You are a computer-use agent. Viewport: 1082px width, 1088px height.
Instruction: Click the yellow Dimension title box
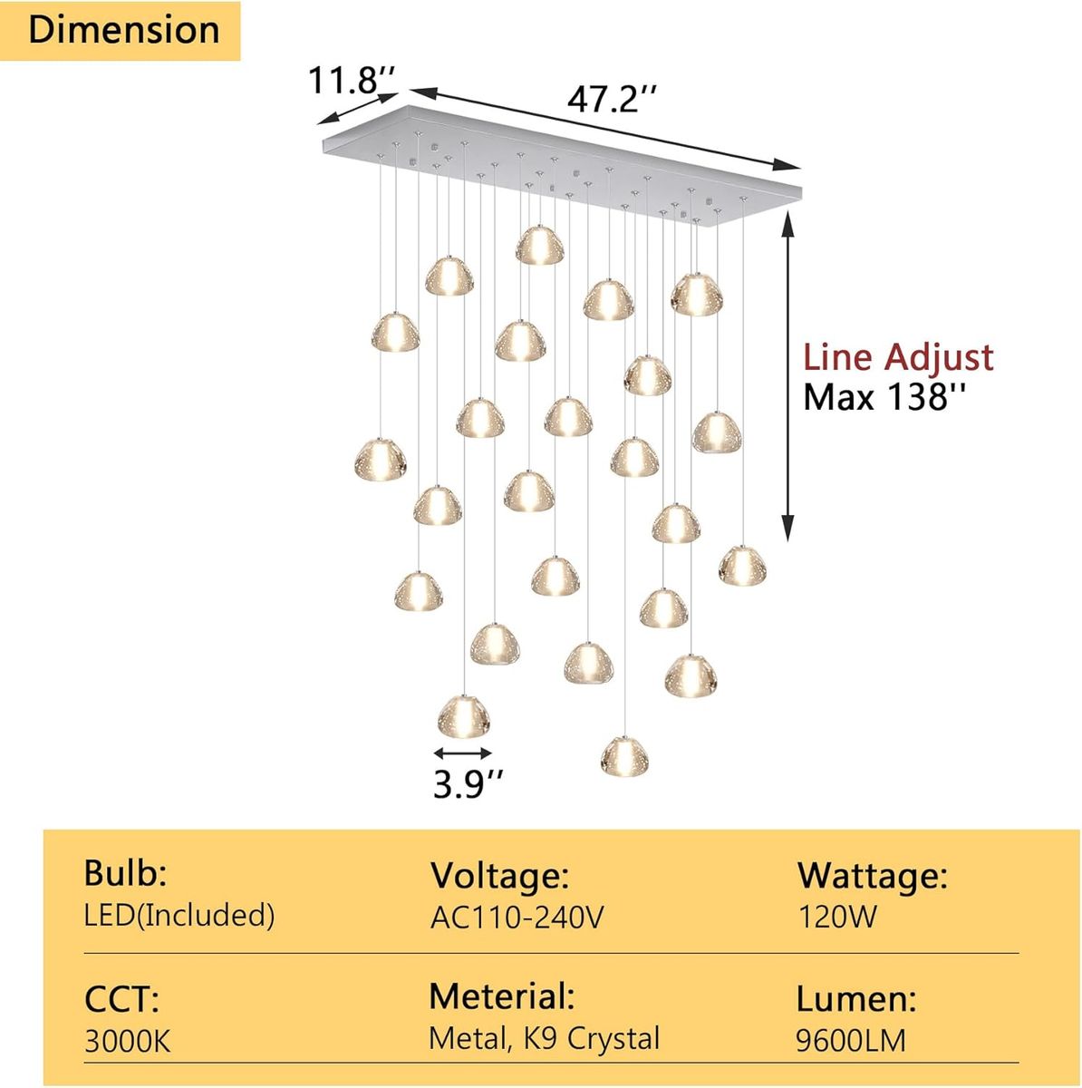[120, 31]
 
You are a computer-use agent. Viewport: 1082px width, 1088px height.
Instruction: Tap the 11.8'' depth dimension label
[351, 80]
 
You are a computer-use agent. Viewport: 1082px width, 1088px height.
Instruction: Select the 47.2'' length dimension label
[612, 100]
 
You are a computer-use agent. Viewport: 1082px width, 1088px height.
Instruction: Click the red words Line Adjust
[897, 357]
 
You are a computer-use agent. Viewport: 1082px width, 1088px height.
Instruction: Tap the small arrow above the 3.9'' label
[463, 753]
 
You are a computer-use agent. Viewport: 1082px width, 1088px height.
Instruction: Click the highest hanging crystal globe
[539, 245]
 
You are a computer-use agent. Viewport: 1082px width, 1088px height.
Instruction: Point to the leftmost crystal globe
[381, 460]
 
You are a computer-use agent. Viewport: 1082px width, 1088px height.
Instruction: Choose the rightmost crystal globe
[741, 565]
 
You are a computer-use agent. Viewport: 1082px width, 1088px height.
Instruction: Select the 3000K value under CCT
[127, 1042]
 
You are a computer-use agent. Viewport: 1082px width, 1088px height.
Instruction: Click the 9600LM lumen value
[851, 1041]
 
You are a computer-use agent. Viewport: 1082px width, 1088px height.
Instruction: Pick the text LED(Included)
[179, 916]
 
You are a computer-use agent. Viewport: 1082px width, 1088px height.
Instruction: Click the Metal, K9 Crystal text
[544, 1040]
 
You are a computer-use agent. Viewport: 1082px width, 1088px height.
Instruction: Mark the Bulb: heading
[125, 873]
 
